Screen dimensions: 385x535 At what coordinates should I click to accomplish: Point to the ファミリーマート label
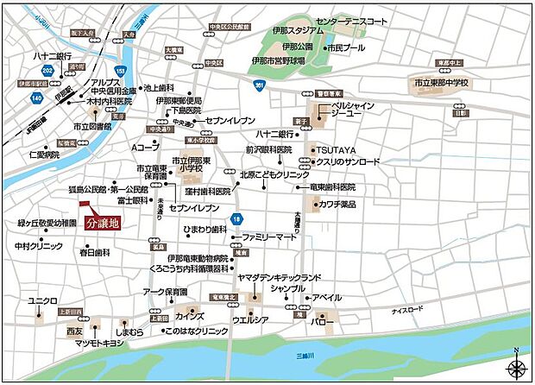(268, 237)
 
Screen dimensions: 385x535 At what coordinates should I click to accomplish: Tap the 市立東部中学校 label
(441, 83)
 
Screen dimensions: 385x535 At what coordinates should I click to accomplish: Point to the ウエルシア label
(250, 320)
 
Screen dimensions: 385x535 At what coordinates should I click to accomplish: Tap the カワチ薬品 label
(337, 205)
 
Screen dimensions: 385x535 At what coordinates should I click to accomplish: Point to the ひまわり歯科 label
(204, 229)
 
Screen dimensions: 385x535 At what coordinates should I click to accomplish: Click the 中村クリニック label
(39, 246)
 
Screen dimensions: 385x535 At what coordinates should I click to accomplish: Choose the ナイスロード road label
(408, 310)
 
